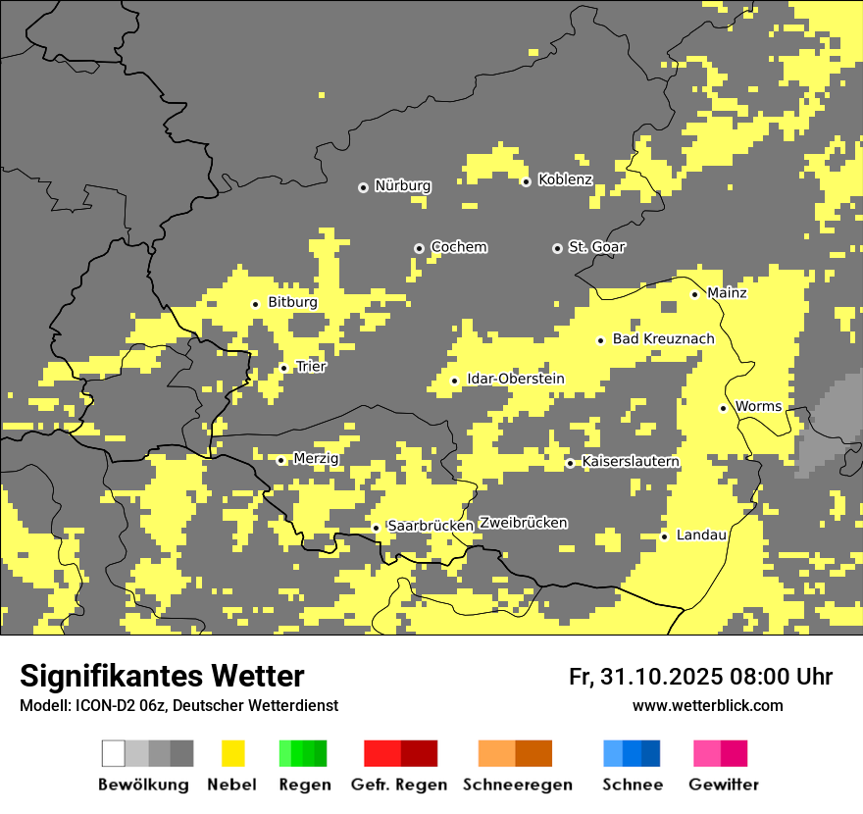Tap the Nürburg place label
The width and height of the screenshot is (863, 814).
pos(402,185)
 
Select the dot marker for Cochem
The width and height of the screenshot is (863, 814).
pos(419,248)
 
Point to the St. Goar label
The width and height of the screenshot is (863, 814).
pos(596,247)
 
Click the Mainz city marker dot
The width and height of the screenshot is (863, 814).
pos(694,294)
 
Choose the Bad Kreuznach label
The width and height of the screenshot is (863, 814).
pos(663,339)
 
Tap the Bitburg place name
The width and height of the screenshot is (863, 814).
pos(292,303)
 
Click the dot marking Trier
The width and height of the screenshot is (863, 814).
pos(283,368)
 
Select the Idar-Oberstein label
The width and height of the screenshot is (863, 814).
pos(515,380)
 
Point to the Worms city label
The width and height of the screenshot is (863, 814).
pos(758,407)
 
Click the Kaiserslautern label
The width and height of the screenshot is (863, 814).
pos(630,462)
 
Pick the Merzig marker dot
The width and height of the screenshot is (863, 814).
pos(280,460)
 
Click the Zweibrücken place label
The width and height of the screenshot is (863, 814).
pos(523,523)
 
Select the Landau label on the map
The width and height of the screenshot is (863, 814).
pos(701,535)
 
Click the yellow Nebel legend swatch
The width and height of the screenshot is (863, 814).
pos(232,753)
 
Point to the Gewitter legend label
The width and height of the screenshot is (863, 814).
pos(723,785)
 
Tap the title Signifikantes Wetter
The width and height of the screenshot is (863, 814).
pos(162,677)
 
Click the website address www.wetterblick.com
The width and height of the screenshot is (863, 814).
pos(707,706)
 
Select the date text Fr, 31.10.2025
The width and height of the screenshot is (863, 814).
pos(644,677)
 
